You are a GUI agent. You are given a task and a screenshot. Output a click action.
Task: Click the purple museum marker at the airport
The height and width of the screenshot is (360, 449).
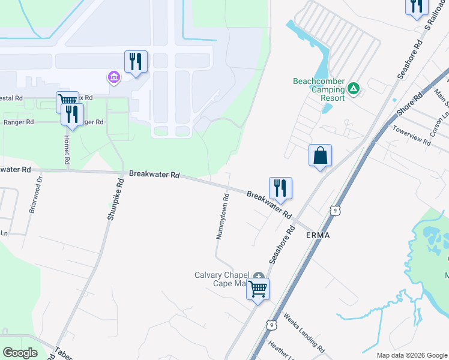[113, 77]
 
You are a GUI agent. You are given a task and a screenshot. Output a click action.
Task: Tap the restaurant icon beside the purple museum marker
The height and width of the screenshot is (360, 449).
[136, 62]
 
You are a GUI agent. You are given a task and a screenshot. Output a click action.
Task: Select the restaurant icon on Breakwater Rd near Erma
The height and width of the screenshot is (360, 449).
[280, 188]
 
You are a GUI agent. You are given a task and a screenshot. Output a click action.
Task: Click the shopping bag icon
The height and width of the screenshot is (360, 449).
[321, 155]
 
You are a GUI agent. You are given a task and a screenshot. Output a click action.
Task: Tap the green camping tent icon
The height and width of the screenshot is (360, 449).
[354, 89]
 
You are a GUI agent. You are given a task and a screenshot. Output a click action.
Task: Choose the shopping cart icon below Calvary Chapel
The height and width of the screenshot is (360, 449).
[258, 289]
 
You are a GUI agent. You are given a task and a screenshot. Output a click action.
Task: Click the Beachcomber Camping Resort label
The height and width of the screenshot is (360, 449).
[319, 89]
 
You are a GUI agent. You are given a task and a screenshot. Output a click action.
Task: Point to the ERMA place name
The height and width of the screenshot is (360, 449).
[318, 235]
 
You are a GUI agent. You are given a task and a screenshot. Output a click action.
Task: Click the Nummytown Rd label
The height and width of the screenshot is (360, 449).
[221, 217]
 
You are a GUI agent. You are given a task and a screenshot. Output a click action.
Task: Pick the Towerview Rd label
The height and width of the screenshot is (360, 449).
[411, 135]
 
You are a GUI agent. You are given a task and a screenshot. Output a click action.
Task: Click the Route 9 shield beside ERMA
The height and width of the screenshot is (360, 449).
[336, 210]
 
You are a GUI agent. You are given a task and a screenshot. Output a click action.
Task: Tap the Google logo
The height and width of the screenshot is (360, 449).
[20, 352]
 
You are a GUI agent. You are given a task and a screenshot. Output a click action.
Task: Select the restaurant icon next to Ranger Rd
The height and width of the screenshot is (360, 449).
[72, 114]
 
